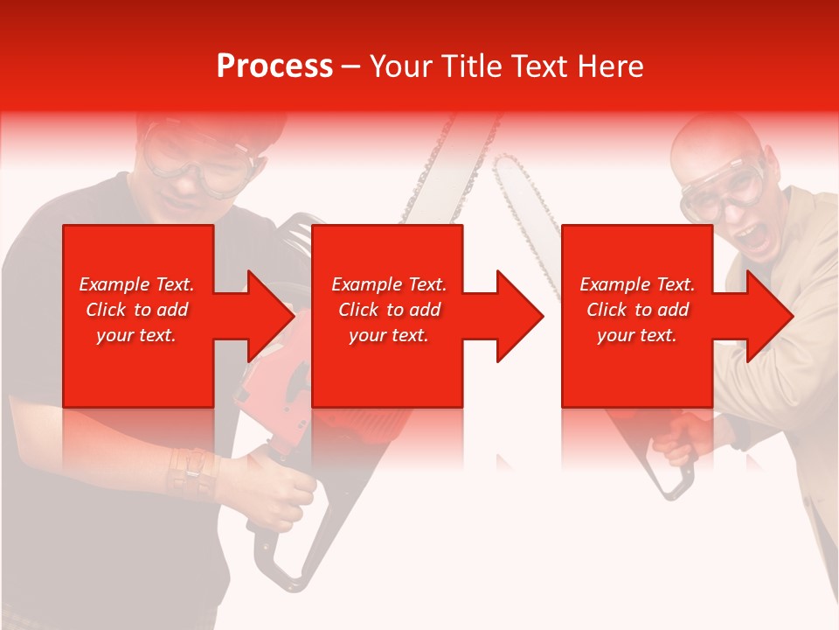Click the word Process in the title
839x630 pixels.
[274, 66]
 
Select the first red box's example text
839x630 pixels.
[136, 310]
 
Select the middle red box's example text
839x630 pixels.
[388, 310]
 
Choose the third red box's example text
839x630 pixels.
[637, 310]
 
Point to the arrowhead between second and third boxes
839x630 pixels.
[519, 316]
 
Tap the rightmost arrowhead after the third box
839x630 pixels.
[769, 316]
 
